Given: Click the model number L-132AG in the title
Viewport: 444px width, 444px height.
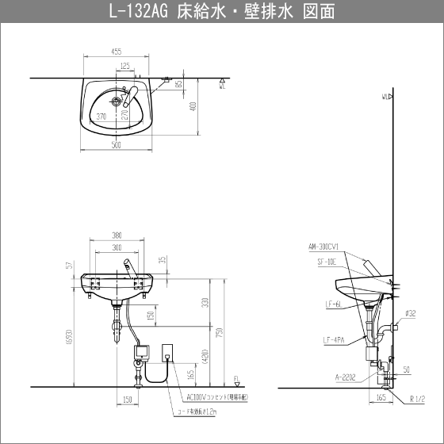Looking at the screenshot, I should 141,11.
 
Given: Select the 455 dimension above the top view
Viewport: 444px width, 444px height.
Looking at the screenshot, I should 117,52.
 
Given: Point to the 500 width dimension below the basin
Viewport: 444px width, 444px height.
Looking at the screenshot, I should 116,145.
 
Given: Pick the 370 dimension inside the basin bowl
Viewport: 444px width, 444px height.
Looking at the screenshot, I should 101,116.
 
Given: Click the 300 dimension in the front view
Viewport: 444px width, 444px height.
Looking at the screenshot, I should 117,247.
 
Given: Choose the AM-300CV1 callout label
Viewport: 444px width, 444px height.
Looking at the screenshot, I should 323,247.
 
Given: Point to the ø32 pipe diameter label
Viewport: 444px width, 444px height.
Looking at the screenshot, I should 410,313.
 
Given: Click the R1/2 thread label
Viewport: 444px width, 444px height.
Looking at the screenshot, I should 417,397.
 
